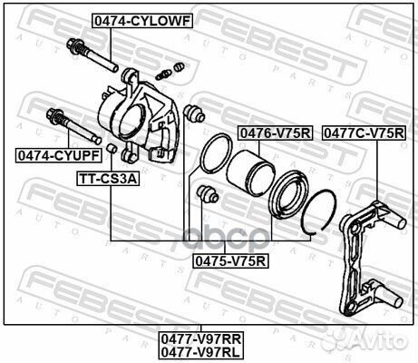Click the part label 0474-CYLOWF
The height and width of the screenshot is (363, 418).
pyautogui.click(x=141, y=19)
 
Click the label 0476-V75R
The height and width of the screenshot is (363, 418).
pyautogui.click(x=275, y=132)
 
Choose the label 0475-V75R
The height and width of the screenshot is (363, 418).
pyautogui.click(x=231, y=260)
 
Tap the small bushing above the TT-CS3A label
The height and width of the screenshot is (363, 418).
pyautogui.click(x=110, y=148)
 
